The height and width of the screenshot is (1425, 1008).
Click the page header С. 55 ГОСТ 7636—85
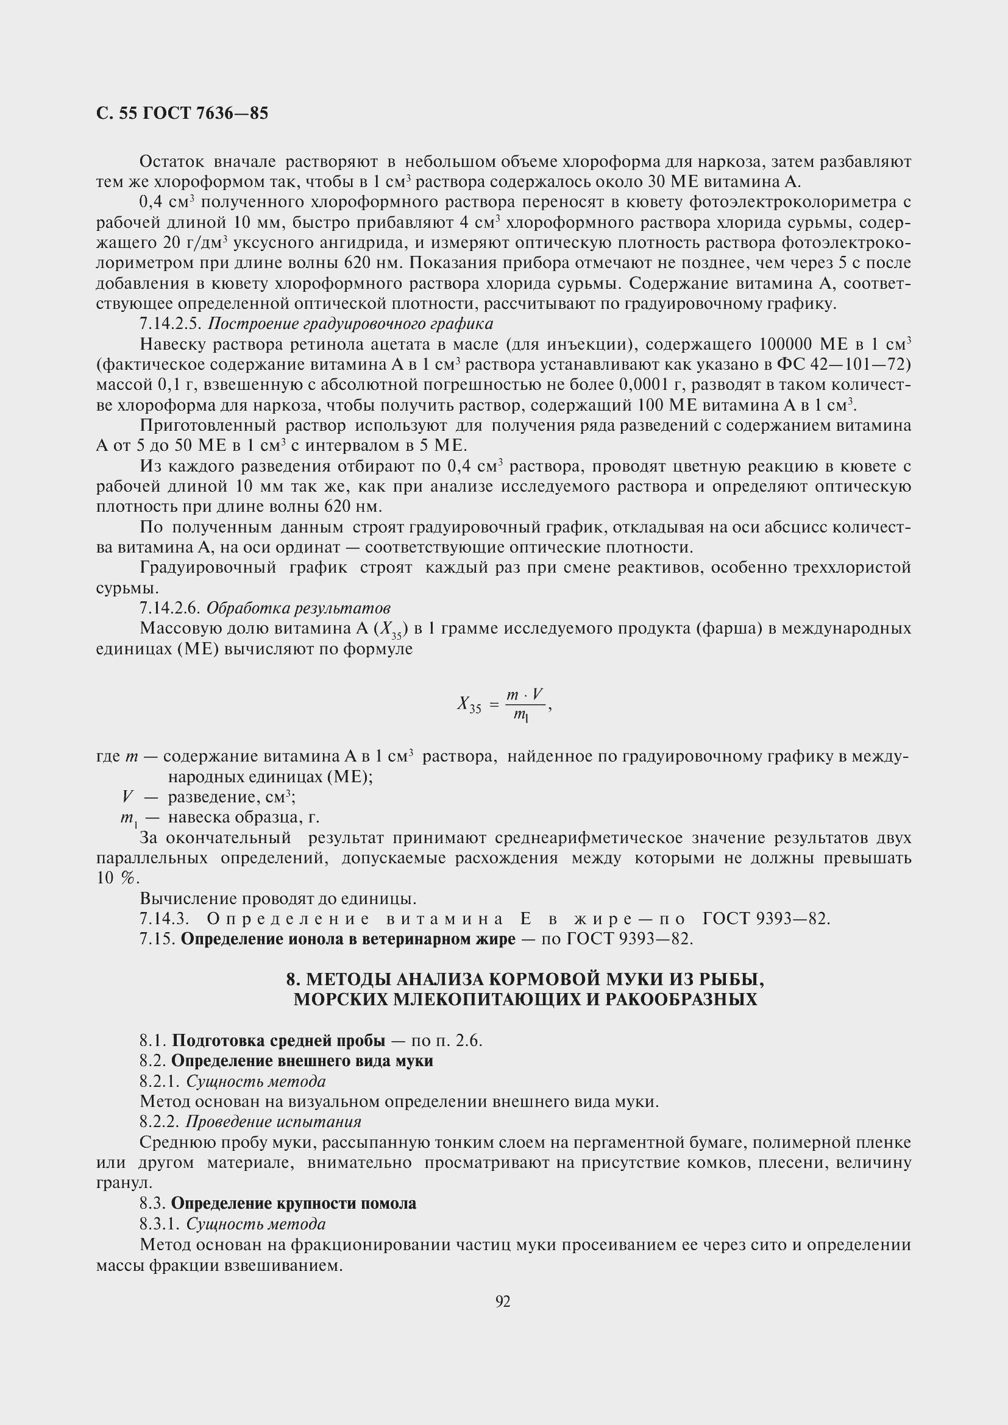pos(182,113)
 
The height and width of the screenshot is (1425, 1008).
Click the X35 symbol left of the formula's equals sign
pos(469,705)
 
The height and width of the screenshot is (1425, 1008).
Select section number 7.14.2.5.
pos(171,324)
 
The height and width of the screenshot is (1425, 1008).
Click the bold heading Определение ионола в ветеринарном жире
pos(347,939)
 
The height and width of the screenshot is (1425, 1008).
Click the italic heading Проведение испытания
pos(273,1122)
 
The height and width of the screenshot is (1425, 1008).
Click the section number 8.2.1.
pos(160,1082)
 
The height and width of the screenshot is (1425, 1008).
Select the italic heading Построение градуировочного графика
pos(350,324)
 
